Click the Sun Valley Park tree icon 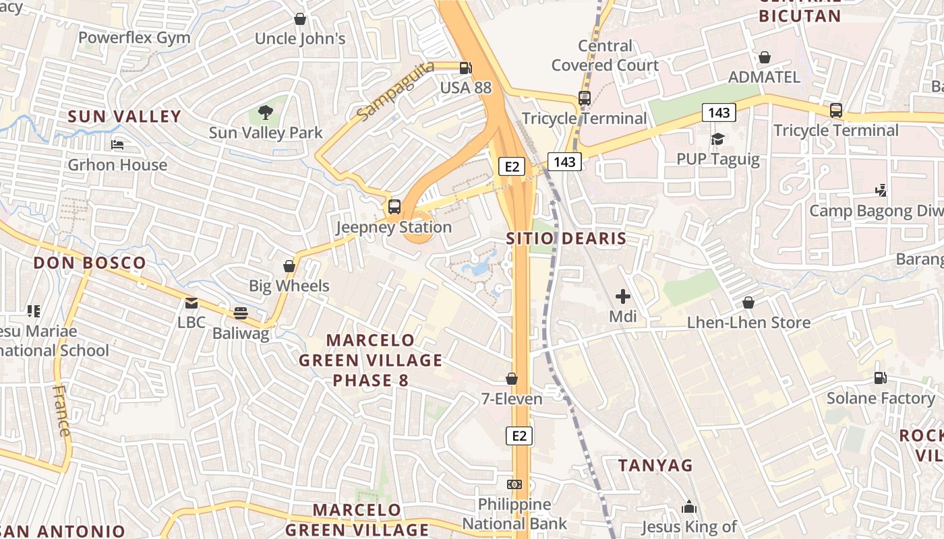[x=266, y=112]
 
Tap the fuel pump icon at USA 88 [x=465, y=67]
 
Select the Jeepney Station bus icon [x=394, y=207]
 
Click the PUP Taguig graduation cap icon [x=718, y=139]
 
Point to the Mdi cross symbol [x=623, y=296]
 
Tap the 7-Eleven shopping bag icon [x=512, y=379]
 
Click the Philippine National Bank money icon [x=514, y=484]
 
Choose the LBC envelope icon [x=191, y=303]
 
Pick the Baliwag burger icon [x=241, y=313]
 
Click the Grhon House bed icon [x=117, y=144]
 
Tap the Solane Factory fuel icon [x=880, y=377]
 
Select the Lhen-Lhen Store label [x=748, y=323]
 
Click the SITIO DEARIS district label [x=566, y=239]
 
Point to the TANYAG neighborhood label [x=655, y=465]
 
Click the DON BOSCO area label [x=90, y=263]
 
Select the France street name [x=62, y=411]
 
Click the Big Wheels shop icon [x=289, y=266]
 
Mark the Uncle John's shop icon [x=300, y=19]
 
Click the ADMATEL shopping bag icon [x=765, y=57]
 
